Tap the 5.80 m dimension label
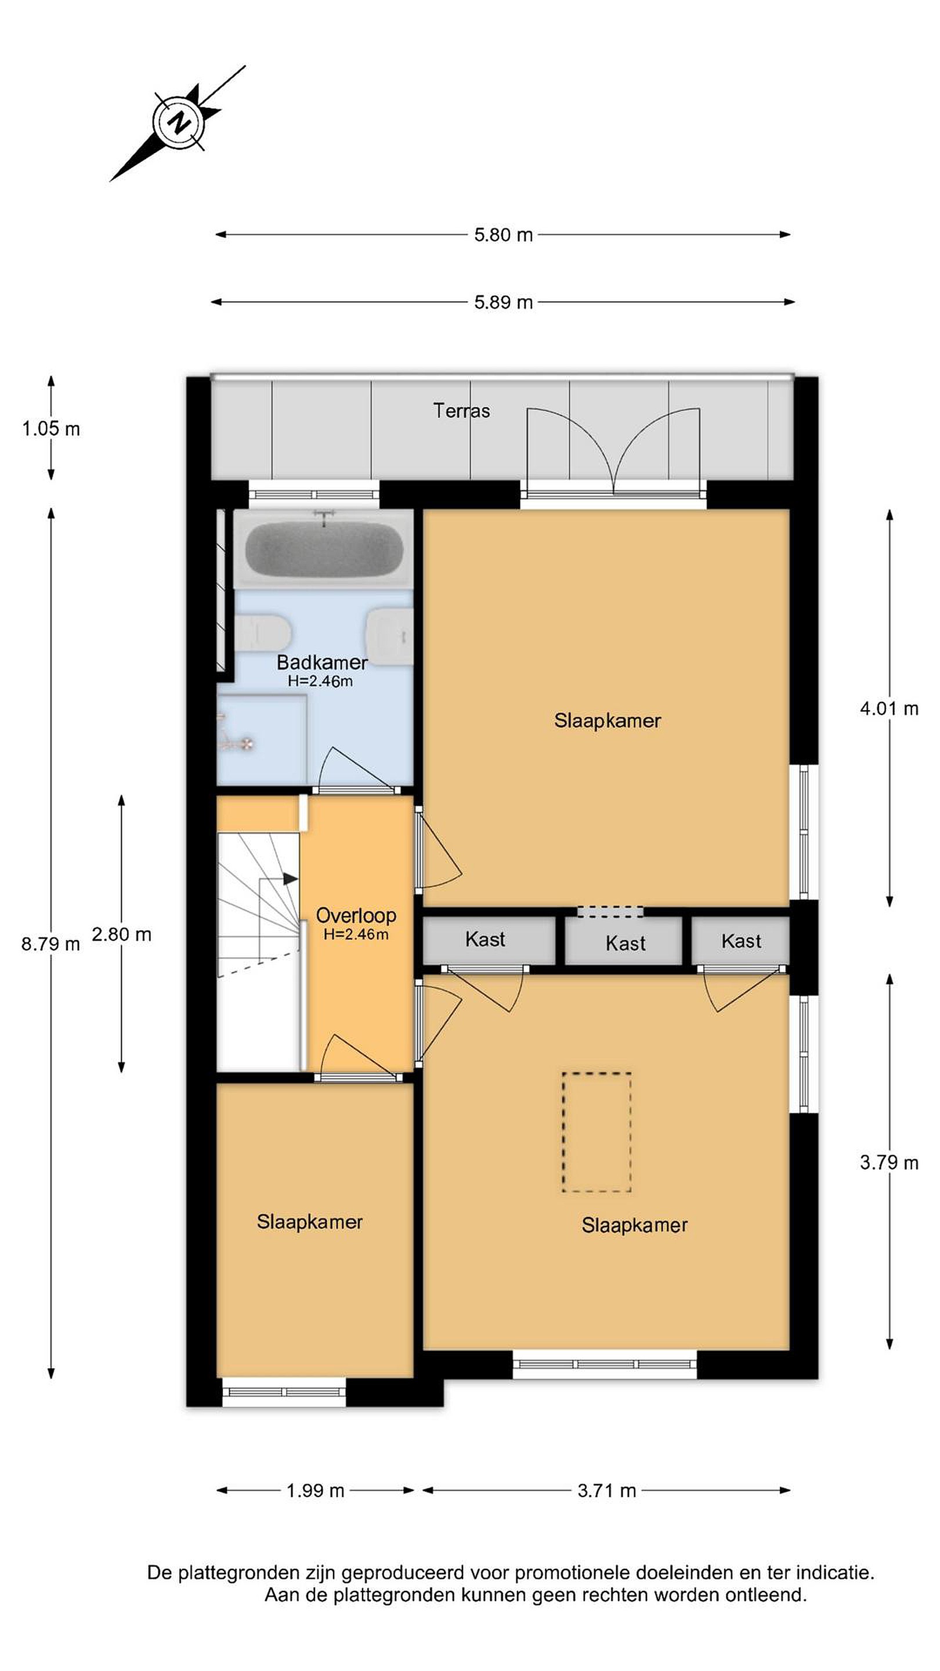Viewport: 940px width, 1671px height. point(502,235)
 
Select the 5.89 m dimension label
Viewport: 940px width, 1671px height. point(502,302)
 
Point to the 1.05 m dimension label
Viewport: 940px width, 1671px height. point(51,429)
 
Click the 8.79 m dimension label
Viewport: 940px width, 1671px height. point(50,944)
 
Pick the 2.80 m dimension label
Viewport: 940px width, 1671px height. point(121,935)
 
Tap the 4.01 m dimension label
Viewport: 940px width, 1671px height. point(889,709)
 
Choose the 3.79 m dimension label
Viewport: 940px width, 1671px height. point(889,1163)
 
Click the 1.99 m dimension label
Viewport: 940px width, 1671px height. point(315,1491)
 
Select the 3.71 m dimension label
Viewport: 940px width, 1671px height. point(606,1491)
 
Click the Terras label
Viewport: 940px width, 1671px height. point(461,411)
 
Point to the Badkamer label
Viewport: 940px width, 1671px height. point(322,662)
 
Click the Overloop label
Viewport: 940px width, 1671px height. point(356,916)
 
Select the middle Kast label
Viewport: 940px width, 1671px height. point(626,943)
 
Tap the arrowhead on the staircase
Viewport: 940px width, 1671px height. point(290,879)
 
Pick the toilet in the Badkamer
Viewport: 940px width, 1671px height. point(262,632)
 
